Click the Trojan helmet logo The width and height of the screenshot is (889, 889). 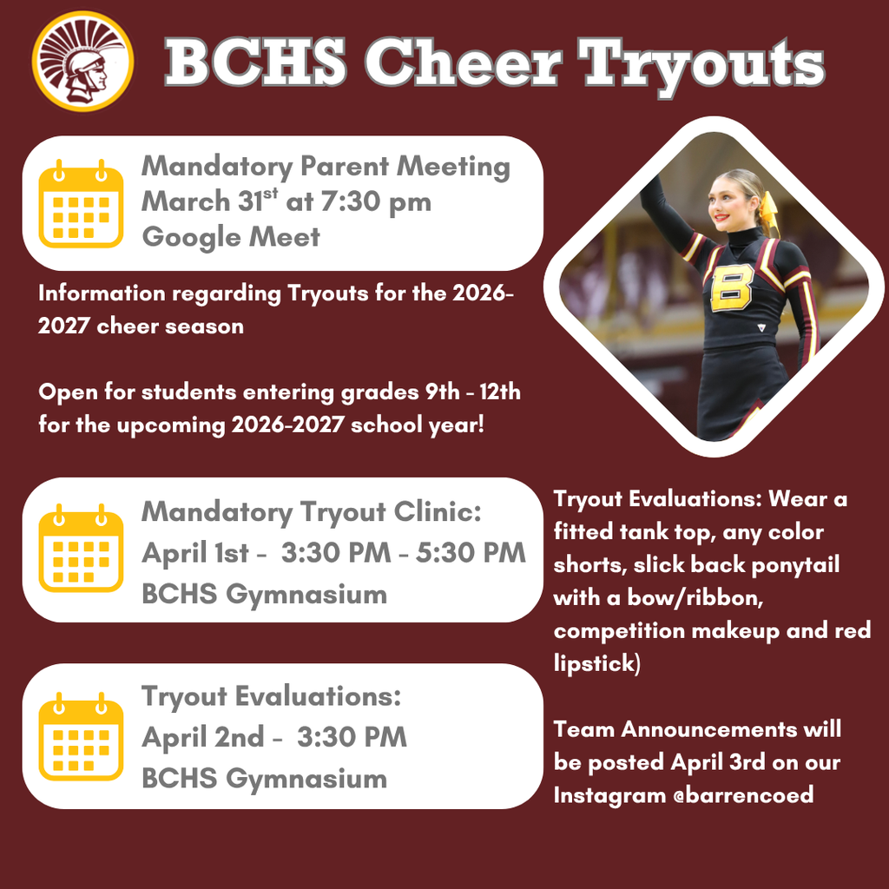click(x=82, y=61)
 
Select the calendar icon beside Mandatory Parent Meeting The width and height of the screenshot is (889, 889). click(x=81, y=202)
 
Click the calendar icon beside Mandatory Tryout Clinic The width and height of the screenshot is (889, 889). click(x=81, y=548)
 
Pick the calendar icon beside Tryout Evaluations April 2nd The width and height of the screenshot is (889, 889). click(x=81, y=736)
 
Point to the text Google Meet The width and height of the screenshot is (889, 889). click(x=230, y=236)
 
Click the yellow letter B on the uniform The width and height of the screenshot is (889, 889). click(x=732, y=288)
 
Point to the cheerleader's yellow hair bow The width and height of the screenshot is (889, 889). click(x=768, y=213)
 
